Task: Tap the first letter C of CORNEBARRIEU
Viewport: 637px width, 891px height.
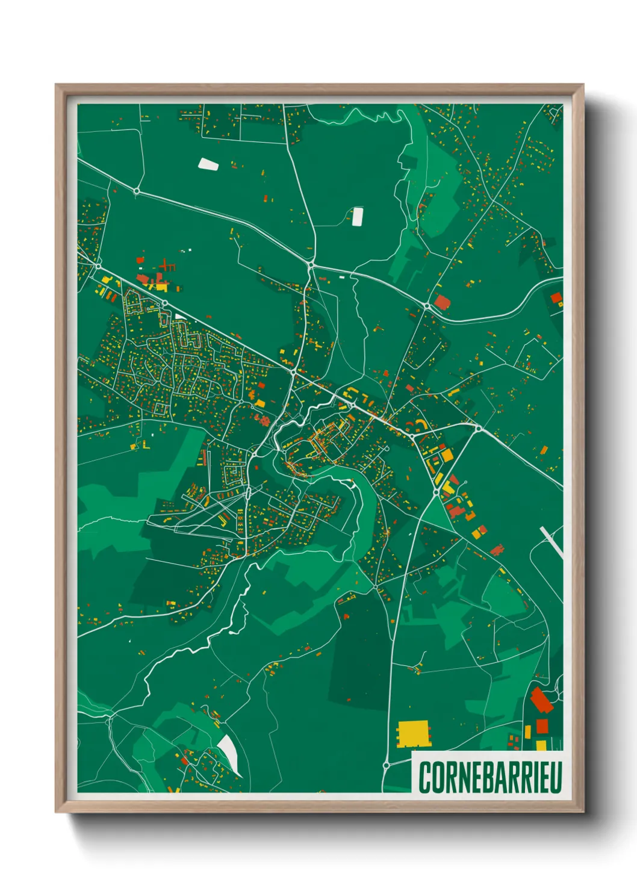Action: coord(424,777)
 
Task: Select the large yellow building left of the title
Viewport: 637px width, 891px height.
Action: coord(414,733)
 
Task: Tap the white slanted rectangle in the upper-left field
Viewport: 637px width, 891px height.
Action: coord(208,163)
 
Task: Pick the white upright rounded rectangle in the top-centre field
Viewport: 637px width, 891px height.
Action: coord(357,216)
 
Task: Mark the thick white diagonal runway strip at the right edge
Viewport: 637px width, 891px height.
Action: coord(552,542)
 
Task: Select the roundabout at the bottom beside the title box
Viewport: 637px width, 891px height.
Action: coord(386,765)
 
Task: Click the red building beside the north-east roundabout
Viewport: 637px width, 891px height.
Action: coord(443,302)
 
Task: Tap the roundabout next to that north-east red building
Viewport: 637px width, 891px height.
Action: coord(427,306)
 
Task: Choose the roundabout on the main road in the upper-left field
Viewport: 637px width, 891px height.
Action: coord(137,191)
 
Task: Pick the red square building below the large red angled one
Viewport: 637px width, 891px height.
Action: coord(542,726)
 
